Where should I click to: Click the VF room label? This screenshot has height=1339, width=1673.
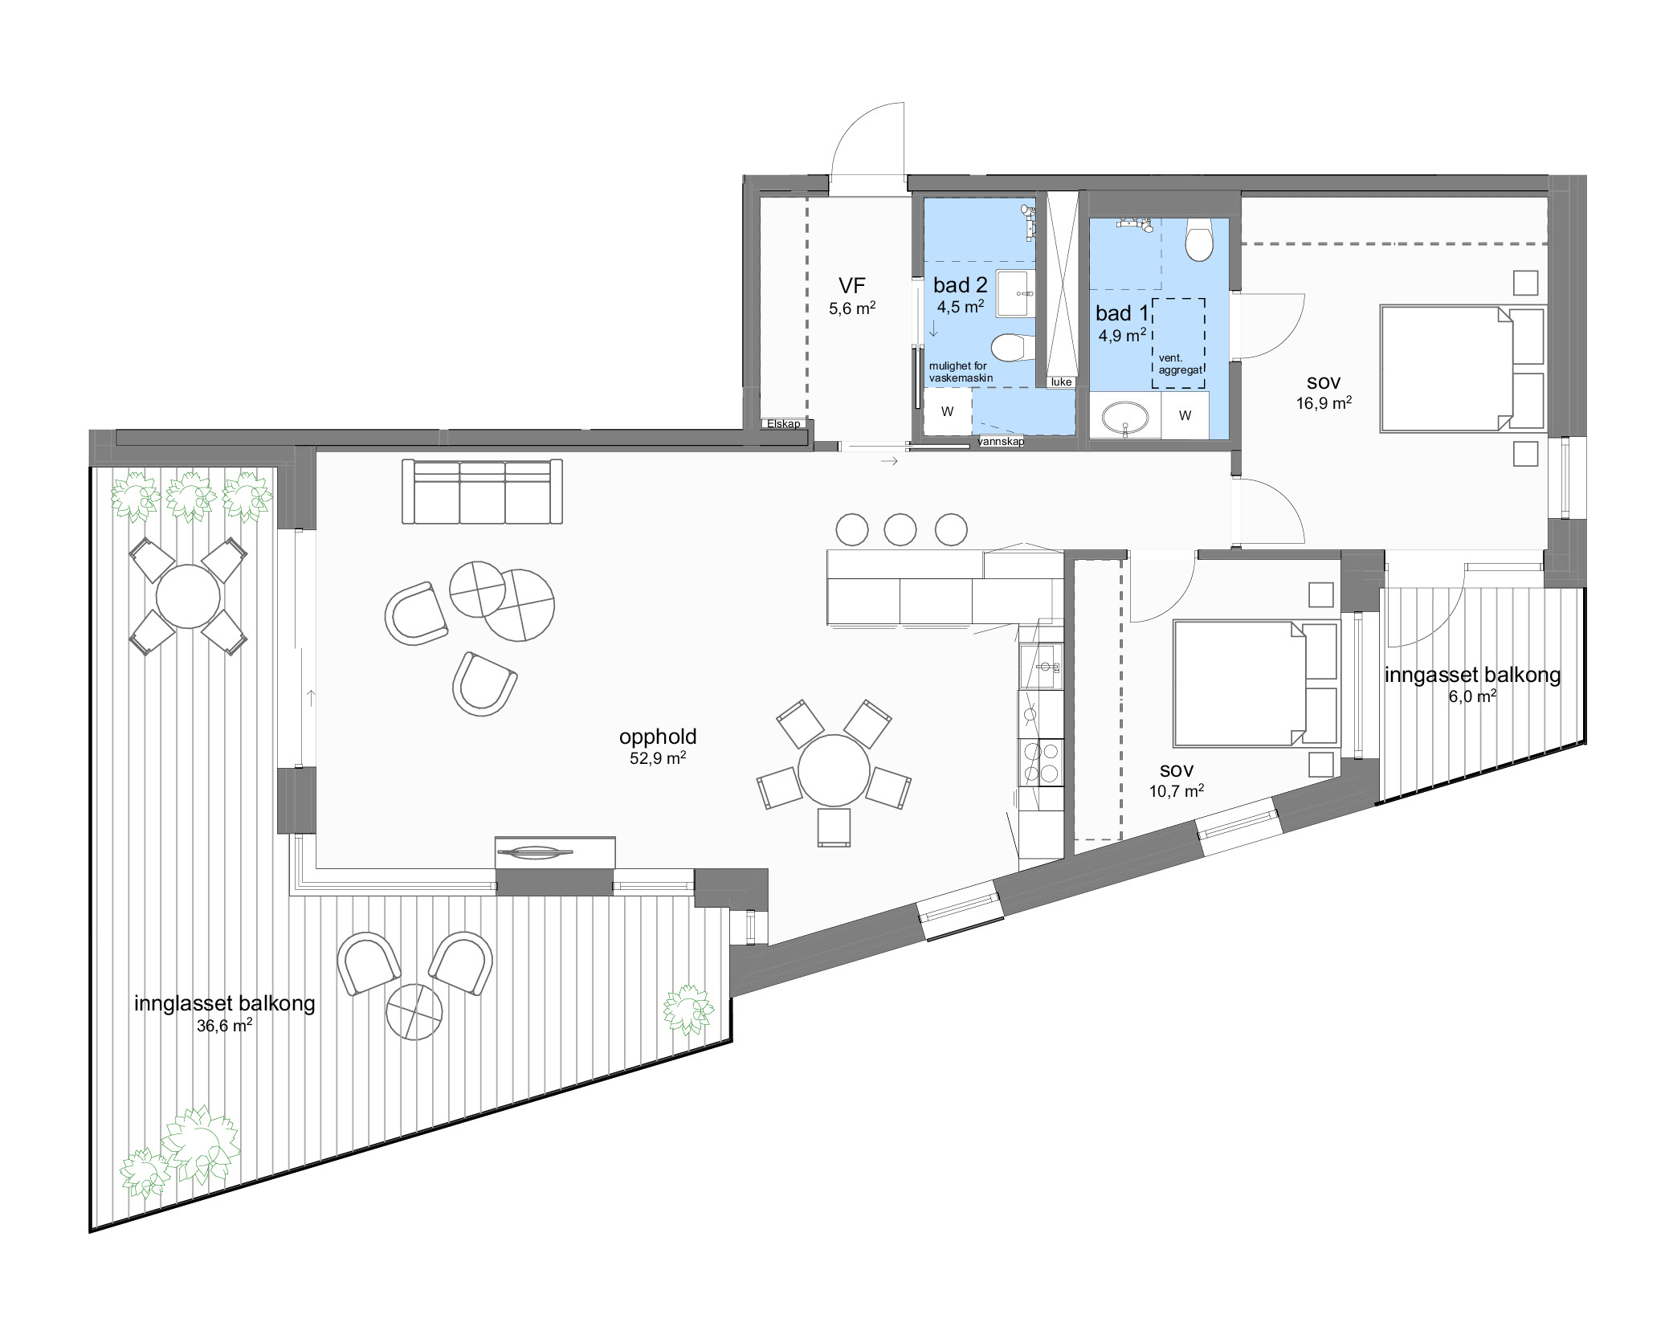pos(852,285)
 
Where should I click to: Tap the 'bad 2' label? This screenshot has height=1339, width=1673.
pos(960,284)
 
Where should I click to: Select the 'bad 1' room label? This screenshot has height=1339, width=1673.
pos(1122,313)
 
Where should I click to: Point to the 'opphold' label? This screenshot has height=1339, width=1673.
pos(658,737)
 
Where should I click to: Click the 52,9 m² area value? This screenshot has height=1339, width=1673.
pos(658,757)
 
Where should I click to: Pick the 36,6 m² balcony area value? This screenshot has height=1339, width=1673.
pos(224,1025)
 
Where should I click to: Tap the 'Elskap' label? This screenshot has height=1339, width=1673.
pos(783,423)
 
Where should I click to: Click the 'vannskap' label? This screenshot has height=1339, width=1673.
pos(1001,442)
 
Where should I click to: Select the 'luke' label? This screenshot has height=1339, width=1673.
pos(1061,382)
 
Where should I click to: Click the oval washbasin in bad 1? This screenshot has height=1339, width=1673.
pos(1124,418)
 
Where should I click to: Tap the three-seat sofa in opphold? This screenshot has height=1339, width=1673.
pos(482,492)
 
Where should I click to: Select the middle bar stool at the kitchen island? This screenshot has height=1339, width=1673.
pos(900,530)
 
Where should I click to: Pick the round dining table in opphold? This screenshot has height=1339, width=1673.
pos(834,770)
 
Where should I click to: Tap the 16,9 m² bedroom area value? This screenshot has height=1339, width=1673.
pos(1324,403)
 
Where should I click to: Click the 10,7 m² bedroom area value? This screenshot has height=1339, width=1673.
pos(1177,791)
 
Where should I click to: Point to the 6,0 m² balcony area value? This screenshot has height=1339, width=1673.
pos(1472,696)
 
